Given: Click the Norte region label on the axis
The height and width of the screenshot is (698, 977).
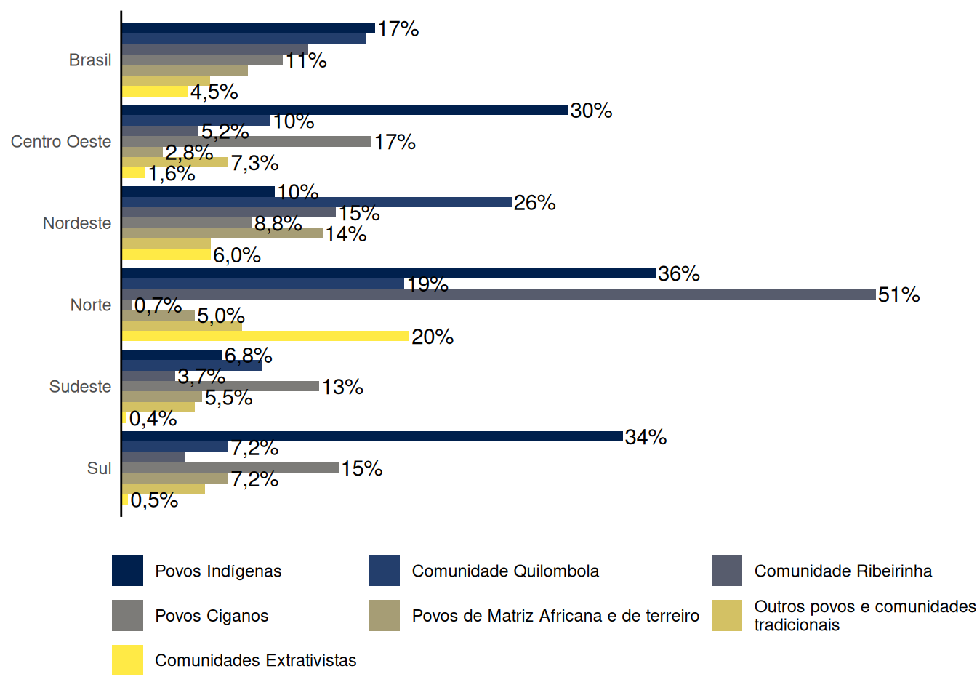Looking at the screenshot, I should pyautogui.click(x=90, y=305).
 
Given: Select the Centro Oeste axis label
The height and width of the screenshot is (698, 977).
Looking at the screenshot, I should pyautogui.click(x=61, y=142).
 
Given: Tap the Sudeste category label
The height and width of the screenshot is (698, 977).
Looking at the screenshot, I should pyautogui.click(x=80, y=387).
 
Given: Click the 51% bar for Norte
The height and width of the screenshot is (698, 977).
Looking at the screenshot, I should pyautogui.click(x=499, y=294).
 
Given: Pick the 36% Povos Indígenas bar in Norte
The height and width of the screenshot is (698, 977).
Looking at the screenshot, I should pyautogui.click(x=388, y=273).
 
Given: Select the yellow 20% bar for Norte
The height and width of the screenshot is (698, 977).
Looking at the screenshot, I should pyautogui.click(x=265, y=336).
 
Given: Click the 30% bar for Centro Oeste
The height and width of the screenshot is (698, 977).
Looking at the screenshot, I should pyautogui.click(x=345, y=110).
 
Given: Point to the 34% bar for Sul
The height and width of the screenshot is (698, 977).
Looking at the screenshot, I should pyautogui.click(x=372, y=436).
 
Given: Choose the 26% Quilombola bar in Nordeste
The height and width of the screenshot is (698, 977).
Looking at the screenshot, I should pyautogui.click(x=316, y=202).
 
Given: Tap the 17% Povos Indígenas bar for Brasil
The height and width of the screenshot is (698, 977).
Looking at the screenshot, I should pyautogui.click(x=248, y=28).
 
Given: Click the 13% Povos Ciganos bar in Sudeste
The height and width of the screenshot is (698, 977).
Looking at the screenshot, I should pyautogui.click(x=220, y=386).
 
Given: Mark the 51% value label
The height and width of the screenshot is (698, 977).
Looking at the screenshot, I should pyautogui.click(x=898, y=294).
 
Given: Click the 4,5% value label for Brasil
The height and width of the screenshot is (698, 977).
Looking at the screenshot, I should pyautogui.click(x=214, y=92).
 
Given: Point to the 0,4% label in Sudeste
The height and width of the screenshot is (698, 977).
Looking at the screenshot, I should pyautogui.click(x=153, y=419).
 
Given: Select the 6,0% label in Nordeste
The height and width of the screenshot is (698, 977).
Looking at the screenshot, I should pyautogui.click(x=236, y=255).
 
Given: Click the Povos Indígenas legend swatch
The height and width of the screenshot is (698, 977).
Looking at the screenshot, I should pyautogui.click(x=127, y=571).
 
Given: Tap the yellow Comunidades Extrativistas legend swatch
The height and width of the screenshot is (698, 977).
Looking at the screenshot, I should pyautogui.click(x=127, y=660).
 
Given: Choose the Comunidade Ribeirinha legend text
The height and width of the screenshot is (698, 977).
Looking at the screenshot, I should pyautogui.click(x=843, y=571).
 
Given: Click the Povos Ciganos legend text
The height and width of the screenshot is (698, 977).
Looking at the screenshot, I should pyautogui.click(x=212, y=616).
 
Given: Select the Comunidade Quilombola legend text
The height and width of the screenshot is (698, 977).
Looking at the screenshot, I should pyautogui.click(x=505, y=571).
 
